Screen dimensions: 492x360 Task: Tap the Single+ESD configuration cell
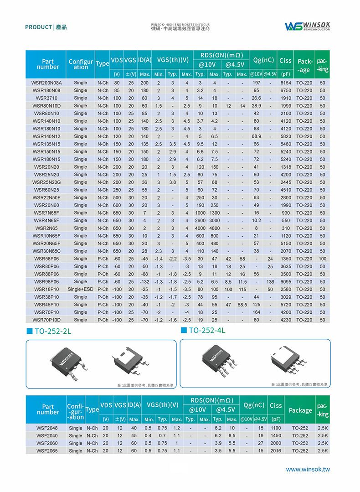(80, 290)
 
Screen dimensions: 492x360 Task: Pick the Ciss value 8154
(286, 83)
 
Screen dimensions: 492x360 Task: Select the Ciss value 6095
(286, 282)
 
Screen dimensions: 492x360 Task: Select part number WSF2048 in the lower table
(47, 428)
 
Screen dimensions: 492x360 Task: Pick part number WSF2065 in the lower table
(47, 451)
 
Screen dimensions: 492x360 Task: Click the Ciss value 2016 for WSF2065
(276, 451)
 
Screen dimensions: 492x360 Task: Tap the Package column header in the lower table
(300, 410)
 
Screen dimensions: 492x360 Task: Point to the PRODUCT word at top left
(38, 27)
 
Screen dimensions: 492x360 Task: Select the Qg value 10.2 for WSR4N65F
(257, 221)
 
